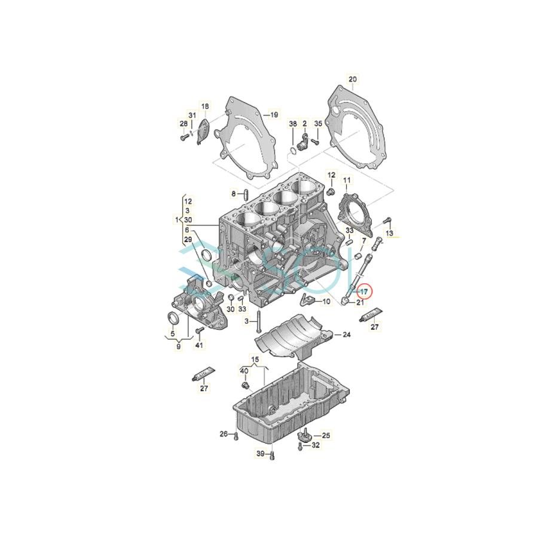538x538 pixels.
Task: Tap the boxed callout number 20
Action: pyautogui.click(x=352, y=80)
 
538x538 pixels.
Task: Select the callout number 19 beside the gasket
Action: pyautogui.click(x=274, y=114)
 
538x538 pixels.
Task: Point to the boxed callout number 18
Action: pyautogui.click(x=205, y=107)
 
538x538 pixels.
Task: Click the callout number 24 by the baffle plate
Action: pyautogui.click(x=346, y=335)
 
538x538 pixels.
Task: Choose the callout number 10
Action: pyautogui.click(x=326, y=302)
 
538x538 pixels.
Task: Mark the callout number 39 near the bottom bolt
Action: pyautogui.click(x=260, y=454)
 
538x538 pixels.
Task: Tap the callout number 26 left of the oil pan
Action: pyautogui.click(x=223, y=433)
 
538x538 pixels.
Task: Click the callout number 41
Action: pyautogui.click(x=200, y=346)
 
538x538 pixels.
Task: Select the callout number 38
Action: pyautogui.click(x=293, y=124)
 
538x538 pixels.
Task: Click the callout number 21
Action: pyautogui.click(x=360, y=302)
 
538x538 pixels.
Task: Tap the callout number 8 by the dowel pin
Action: pyautogui.click(x=234, y=193)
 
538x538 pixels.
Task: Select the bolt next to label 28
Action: pyautogui.click(x=183, y=137)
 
